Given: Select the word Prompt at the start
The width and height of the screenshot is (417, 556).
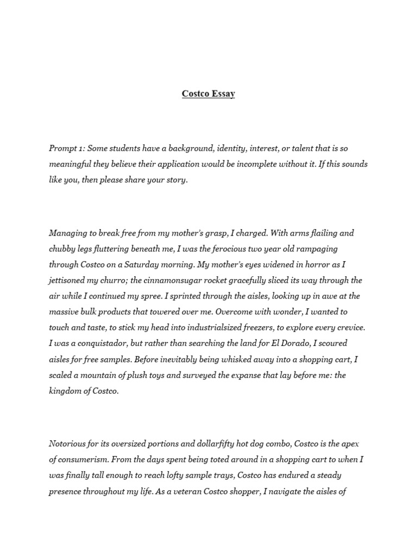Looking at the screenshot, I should point(63,148).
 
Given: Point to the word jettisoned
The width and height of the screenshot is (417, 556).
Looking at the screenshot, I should point(70,281).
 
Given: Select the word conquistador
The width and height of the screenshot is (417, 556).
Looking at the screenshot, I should point(104,344).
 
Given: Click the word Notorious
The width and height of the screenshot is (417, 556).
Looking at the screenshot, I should point(68,444).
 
